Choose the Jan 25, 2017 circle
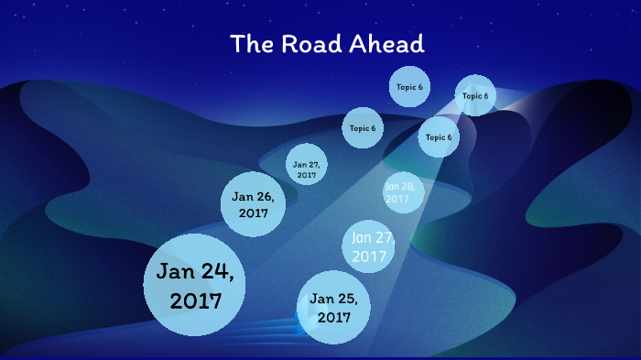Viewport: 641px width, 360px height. [x=333, y=308]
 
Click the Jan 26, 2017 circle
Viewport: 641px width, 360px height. [x=253, y=203]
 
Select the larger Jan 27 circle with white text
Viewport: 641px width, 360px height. [x=370, y=245]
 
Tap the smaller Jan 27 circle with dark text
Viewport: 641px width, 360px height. [x=306, y=166]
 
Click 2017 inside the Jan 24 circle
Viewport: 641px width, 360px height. [x=196, y=300]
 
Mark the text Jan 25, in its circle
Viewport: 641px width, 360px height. [x=333, y=299]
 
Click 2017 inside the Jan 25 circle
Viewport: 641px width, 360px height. [x=334, y=318]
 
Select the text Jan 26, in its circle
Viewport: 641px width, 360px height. [x=253, y=196]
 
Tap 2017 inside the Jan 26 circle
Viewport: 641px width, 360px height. [x=253, y=213]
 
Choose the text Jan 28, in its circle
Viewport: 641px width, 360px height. [x=400, y=186]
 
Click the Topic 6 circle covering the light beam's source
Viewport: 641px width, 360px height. [x=475, y=95]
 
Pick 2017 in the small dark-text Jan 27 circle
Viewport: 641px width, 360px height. [x=306, y=174]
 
